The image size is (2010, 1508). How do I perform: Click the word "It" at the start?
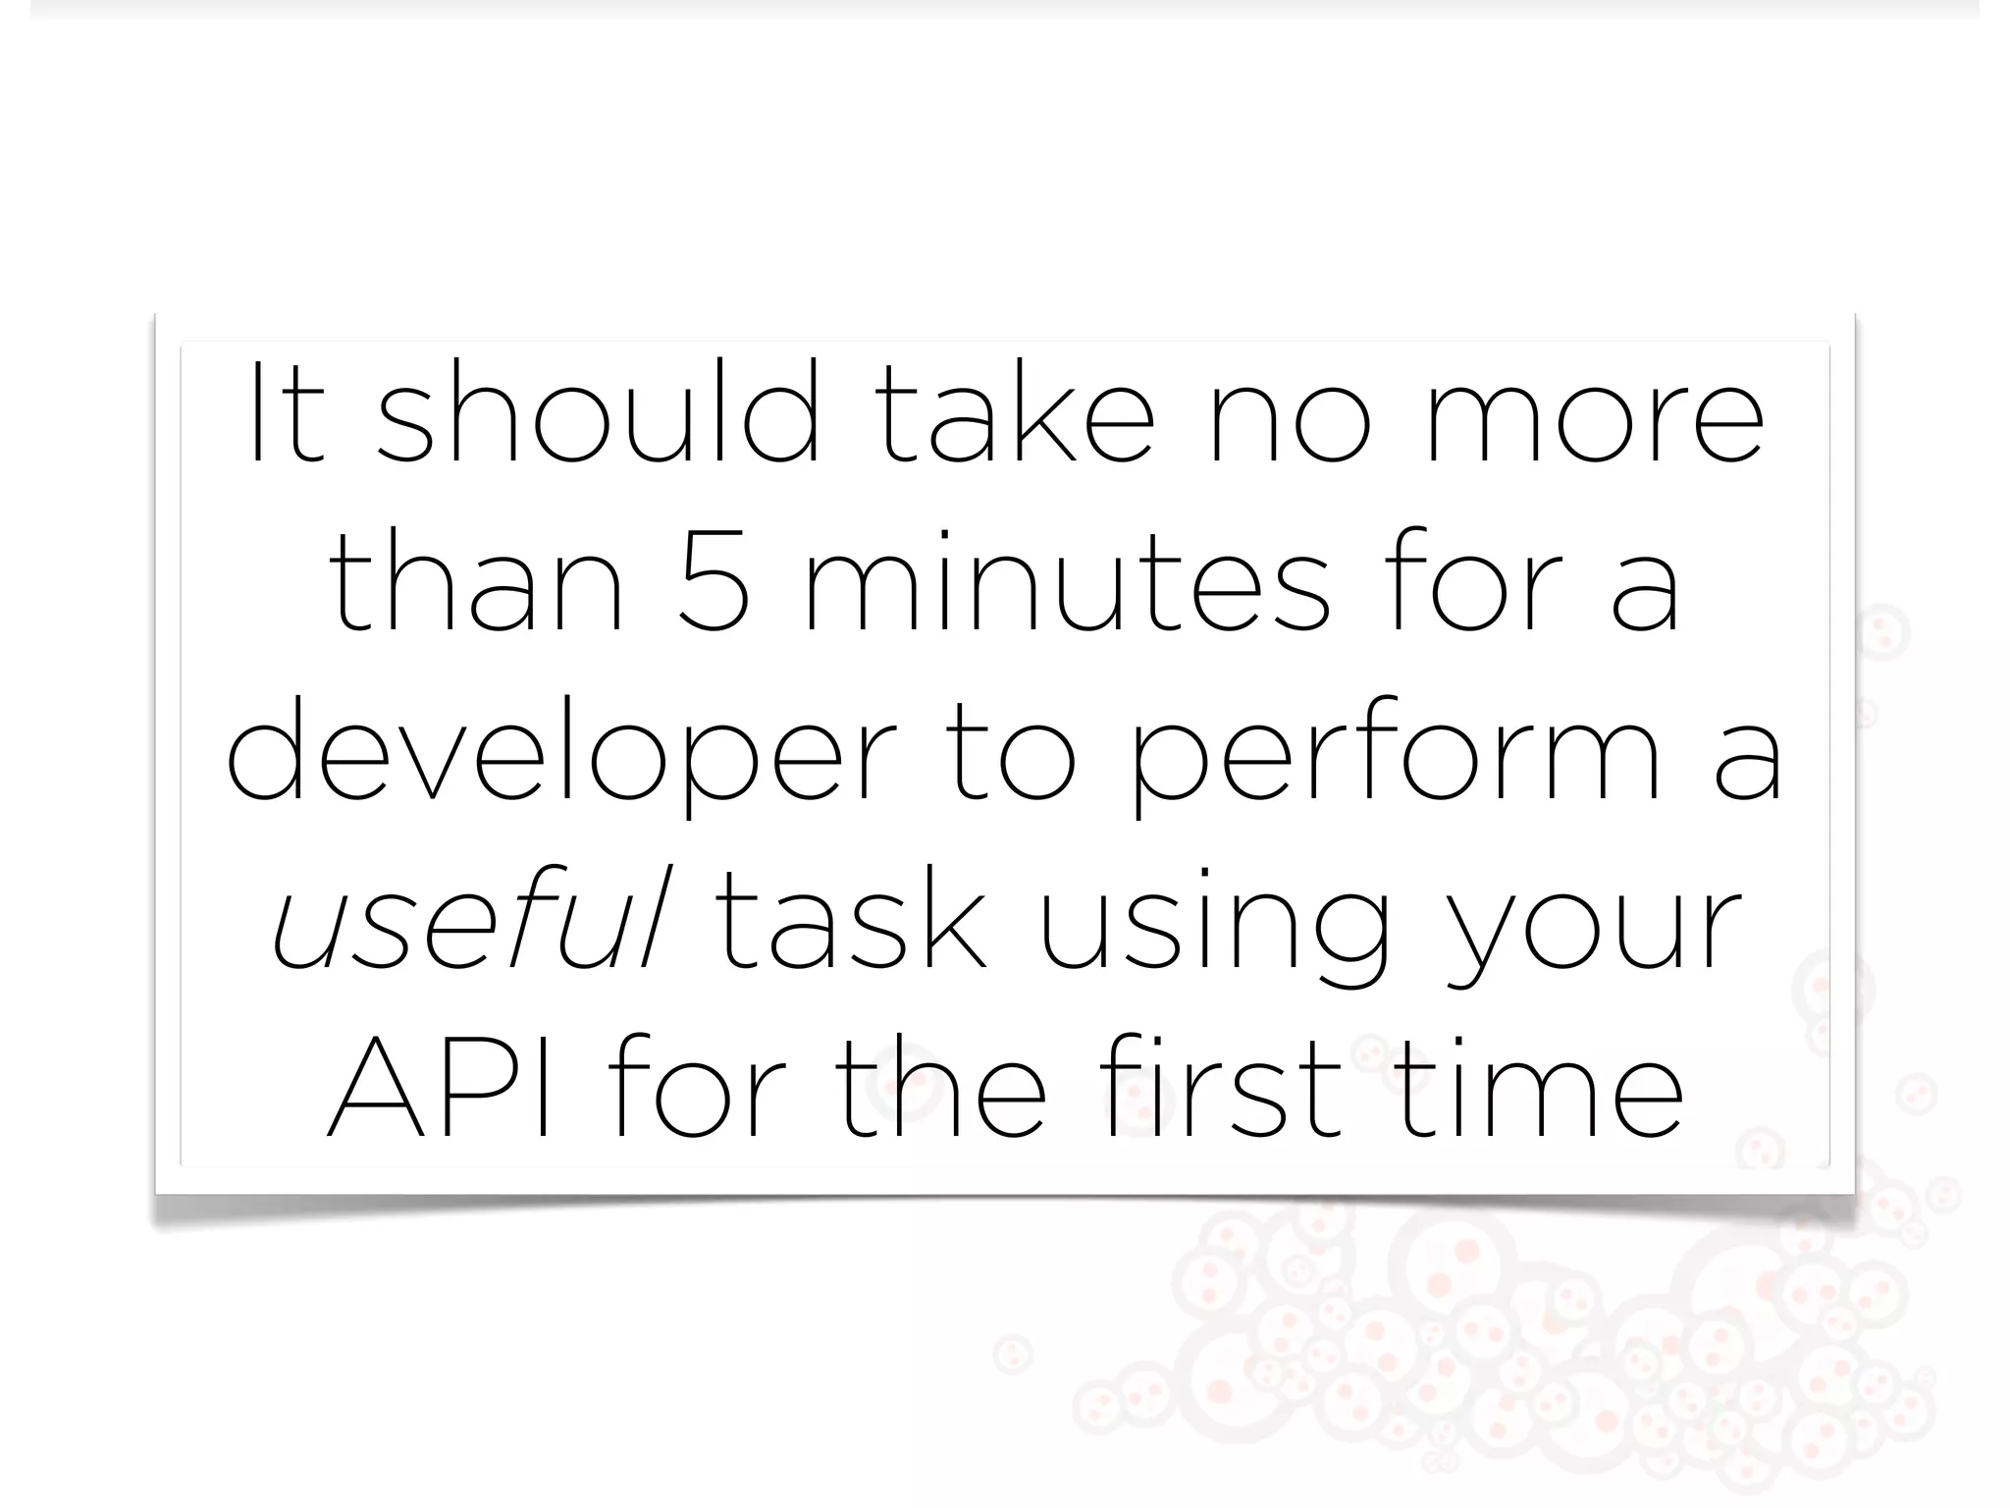click(x=286, y=413)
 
